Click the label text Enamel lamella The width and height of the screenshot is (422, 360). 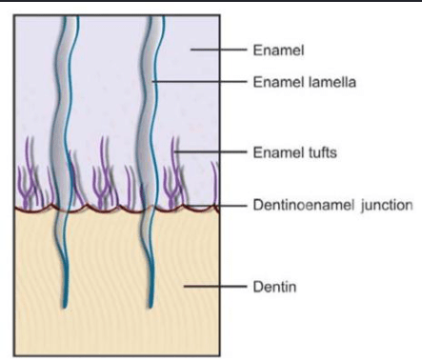(x=304, y=82)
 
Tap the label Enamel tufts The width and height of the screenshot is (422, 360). (x=294, y=152)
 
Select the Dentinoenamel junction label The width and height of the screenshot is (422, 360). (x=332, y=206)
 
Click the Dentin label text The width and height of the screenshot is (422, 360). (x=274, y=287)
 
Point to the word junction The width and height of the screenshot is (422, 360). (x=387, y=206)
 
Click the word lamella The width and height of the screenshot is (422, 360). (x=332, y=82)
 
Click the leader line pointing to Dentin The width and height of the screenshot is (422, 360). (x=215, y=287)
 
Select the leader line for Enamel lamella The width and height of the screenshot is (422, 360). (x=199, y=82)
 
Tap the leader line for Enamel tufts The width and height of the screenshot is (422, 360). (x=211, y=152)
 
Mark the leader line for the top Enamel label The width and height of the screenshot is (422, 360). (x=218, y=50)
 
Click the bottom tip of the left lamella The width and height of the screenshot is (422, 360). (x=65, y=308)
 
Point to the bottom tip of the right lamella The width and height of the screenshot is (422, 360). (x=150, y=308)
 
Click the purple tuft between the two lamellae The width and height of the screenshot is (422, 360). (x=102, y=178)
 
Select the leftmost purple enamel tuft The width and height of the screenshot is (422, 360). (x=26, y=178)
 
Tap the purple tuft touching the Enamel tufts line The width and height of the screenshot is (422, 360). (x=173, y=178)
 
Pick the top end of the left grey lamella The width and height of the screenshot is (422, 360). (x=70, y=16)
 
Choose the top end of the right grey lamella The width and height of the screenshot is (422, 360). (x=155, y=16)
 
